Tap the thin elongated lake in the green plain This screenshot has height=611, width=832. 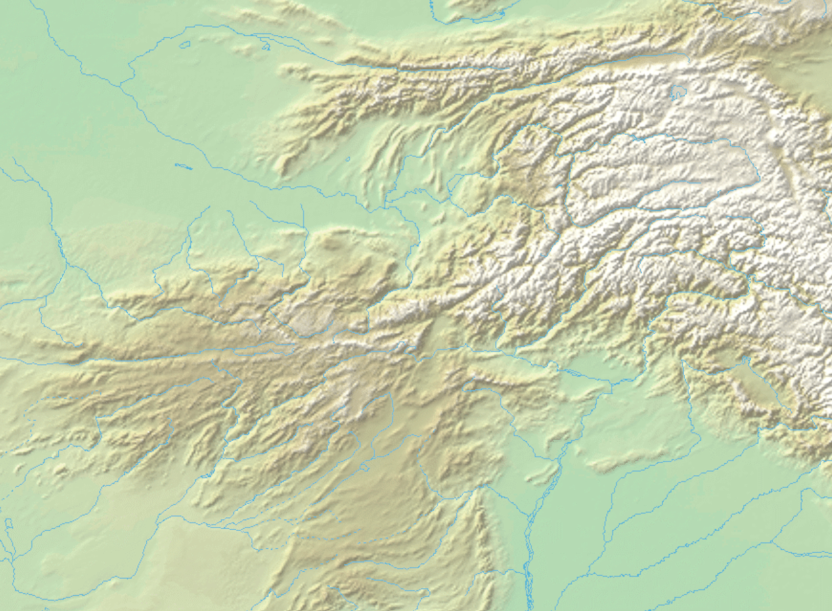click(183, 166)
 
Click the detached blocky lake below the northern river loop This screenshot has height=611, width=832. click(185, 45)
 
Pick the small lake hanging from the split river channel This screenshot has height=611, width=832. click(266, 46)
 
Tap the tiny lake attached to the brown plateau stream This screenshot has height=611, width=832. click(364, 467)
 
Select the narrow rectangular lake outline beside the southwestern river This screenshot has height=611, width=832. click(9, 524)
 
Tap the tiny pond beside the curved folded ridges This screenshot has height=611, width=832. click(348, 159)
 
